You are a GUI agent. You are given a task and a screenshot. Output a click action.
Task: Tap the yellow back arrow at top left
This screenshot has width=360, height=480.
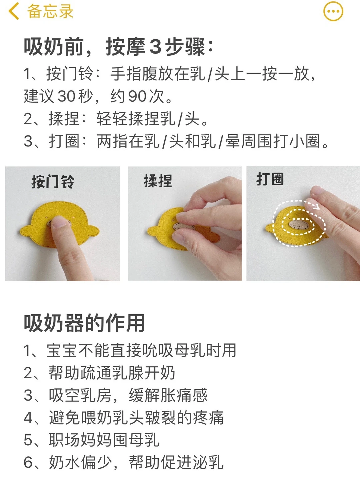click(x=14, y=12)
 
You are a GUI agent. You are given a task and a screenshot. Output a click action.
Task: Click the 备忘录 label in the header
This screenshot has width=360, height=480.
click(x=50, y=11)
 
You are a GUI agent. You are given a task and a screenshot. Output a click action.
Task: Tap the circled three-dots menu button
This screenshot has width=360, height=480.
click(x=333, y=11)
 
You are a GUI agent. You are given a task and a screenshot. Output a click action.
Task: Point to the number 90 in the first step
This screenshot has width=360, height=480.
click(x=138, y=96)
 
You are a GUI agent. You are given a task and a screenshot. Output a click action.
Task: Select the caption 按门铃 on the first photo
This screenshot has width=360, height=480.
click(x=53, y=182)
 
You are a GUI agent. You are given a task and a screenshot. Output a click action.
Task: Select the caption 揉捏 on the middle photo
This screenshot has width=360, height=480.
click(x=158, y=181)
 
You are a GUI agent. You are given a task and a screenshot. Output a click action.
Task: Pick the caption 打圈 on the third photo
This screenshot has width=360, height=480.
click(x=270, y=179)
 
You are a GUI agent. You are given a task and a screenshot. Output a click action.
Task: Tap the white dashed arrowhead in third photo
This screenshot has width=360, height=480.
click(x=316, y=207)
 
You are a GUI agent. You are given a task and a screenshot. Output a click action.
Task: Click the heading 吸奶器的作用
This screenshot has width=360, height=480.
click(x=84, y=323)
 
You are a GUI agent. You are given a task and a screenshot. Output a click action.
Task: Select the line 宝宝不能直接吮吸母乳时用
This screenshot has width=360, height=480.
click(x=130, y=350)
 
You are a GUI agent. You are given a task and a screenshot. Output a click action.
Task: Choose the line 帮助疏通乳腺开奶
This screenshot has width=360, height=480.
click(x=99, y=373)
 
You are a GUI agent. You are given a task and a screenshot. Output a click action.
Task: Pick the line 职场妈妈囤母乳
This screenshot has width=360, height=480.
click(x=91, y=440)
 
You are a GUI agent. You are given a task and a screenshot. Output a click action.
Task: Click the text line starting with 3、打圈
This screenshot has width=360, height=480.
click(x=176, y=141)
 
